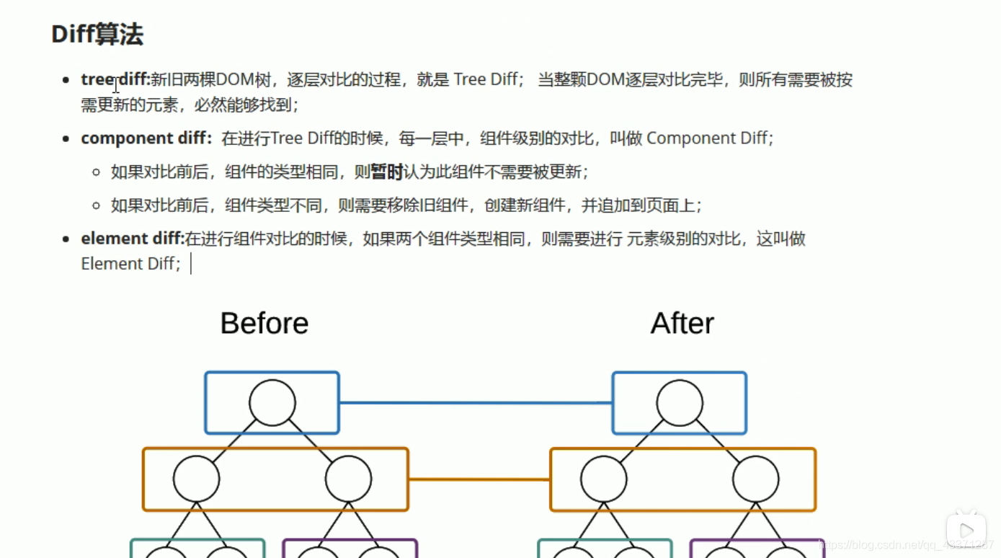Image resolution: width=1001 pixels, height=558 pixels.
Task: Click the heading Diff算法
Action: (97, 34)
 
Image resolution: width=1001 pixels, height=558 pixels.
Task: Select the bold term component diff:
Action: (146, 138)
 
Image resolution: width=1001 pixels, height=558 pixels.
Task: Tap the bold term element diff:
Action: (133, 239)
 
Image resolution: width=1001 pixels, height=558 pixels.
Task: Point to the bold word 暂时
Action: (387, 172)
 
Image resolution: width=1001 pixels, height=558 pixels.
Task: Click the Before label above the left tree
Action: (264, 323)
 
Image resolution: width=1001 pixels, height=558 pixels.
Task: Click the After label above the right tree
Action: (682, 323)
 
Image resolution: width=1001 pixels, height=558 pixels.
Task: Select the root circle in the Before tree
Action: (272, 403)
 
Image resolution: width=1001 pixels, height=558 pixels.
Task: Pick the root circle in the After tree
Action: (680, 403)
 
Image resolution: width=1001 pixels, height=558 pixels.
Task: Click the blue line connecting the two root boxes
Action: (476, 402)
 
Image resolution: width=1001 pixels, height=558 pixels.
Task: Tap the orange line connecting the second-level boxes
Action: (479, 479)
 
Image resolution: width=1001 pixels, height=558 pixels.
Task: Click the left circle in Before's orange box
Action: (196, 479)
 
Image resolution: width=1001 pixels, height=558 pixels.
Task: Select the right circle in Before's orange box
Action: (348, 479)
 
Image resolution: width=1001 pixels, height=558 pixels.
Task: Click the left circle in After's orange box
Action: (604, 479)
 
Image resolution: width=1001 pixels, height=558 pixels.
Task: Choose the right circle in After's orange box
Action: (756, 479)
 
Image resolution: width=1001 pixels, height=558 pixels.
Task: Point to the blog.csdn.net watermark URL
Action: (908, 545)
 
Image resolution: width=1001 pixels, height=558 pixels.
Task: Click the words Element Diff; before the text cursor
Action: (130, 264)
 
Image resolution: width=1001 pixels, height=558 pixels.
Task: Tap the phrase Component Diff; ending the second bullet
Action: (710, 138)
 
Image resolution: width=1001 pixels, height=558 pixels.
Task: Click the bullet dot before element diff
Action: (66, 239)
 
